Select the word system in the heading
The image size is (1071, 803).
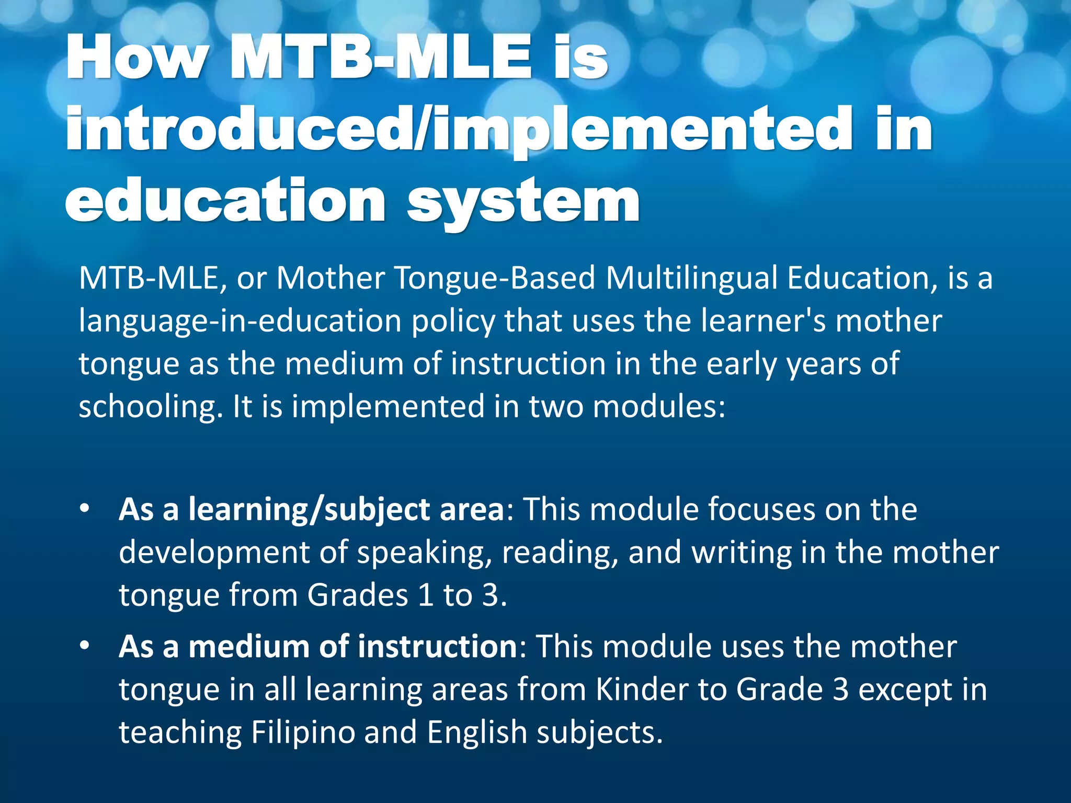(523, 201)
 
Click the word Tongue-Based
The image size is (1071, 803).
(495, 278)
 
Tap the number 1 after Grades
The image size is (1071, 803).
(426, 595)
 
